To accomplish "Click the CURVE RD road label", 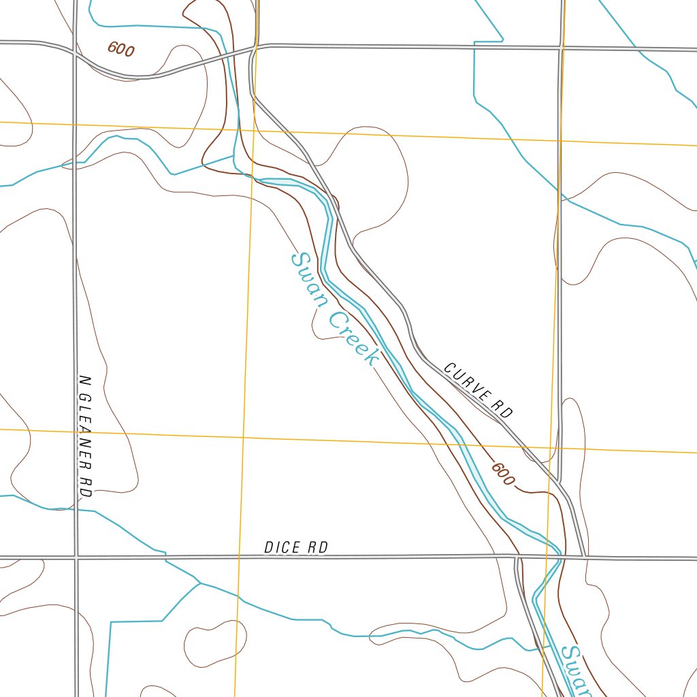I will click(x=478, y=390).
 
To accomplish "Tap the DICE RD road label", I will click(x=296, y=547).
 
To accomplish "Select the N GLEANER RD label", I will click(x=85, y=436).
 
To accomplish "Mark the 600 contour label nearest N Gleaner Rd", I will click(x=121, y=49).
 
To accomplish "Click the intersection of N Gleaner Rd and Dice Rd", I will click(x=76, y=557).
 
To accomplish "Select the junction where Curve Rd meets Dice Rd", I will click(x=584, y=557).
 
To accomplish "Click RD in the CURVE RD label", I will click(x=503, y=410).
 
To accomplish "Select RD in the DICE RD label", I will click(x=318, y=547).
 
